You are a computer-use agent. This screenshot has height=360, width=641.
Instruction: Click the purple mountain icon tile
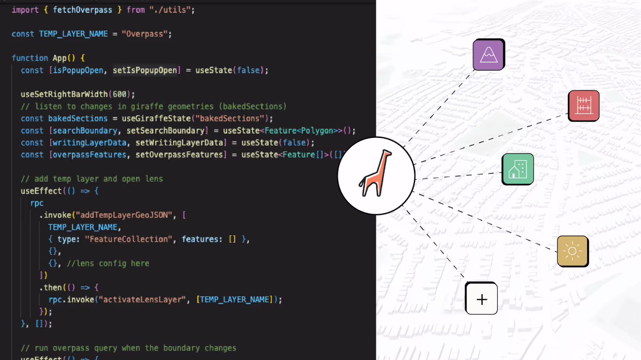click(488, 55)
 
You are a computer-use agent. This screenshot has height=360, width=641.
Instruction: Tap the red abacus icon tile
click(583, 106)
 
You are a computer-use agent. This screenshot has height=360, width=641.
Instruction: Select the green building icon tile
click(518, 169)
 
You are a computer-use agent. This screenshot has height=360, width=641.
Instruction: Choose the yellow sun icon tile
click(573, 251)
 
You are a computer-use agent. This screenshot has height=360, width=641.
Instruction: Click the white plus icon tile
click(481, 299)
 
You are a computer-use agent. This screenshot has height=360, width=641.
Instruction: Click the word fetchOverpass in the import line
click(82, 10)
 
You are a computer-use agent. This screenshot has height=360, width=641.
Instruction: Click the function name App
click(59, 58)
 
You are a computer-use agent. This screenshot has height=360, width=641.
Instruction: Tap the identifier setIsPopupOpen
click(145, 70)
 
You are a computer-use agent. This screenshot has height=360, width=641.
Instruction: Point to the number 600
click(119, 94)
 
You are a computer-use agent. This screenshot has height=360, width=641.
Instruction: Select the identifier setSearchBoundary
click(165, 130)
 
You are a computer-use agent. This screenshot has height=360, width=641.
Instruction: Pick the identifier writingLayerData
click(89, 143)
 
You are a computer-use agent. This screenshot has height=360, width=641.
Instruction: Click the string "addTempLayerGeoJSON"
click(124, 215)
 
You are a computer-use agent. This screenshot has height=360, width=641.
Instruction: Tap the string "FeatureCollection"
click(129, 239)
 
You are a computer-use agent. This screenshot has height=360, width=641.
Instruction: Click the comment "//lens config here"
click(108, 264)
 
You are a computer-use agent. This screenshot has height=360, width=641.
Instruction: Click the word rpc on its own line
click(37, 203)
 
